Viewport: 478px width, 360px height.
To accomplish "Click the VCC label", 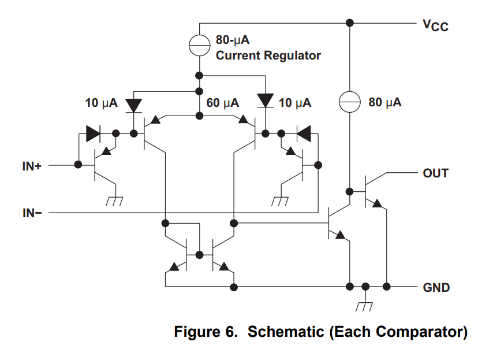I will point(435,25).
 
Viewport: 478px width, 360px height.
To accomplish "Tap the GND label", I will point(436,287).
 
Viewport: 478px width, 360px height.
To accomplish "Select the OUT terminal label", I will point(435,173).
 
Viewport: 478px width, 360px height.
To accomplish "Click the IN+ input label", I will point(32,165).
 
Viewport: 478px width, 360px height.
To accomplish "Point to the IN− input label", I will point(32,214).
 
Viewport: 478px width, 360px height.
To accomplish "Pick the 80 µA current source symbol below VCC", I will point(349,103).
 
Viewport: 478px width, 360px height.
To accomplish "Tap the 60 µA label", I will point(223,103).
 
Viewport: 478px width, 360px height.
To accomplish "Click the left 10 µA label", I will point(101,103).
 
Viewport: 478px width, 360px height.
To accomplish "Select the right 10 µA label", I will point(295,103).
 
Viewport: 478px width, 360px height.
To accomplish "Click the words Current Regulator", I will point(268,56).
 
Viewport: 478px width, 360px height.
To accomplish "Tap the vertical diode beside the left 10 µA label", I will point(134,105).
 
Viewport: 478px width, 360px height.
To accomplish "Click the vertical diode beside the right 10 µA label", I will point(265,99).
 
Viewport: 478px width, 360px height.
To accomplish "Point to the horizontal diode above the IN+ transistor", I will point(93,134).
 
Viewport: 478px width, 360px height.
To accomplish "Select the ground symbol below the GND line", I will point(365,306).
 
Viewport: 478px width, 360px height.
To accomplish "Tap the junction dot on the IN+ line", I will point(78,165).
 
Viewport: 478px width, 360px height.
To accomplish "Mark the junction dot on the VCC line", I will point(349,23).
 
